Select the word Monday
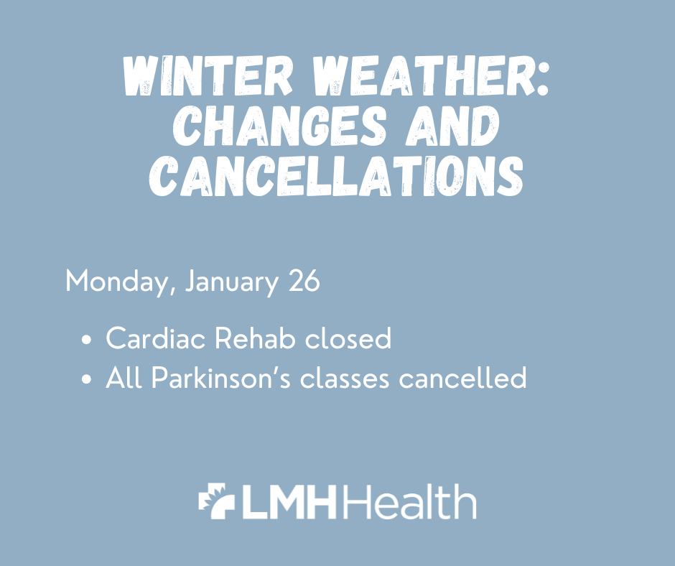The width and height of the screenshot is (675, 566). point(118,282)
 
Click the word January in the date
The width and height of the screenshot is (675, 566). point(231,282)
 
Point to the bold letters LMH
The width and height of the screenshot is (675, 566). point(289,502)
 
